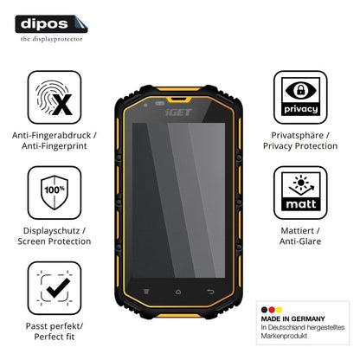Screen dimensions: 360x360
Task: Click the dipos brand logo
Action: click(x=51, y=24)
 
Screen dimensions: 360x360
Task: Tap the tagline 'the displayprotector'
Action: click(x=51, y=39)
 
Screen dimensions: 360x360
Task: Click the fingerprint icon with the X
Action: click(x=55, y=98)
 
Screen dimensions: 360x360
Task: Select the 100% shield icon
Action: click(x=55, y=193)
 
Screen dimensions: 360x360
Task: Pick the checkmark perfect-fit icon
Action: click(x=55, y=288)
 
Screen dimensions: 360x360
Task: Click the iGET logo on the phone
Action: click(x=178, y=112)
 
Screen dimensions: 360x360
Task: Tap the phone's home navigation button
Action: click(x=178, y=292)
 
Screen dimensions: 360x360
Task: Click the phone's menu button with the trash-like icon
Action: click(x=146, y=292)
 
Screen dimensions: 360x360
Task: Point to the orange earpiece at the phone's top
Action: click(x=179, y=100)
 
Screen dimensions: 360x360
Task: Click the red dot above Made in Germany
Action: click(x=272, y=310)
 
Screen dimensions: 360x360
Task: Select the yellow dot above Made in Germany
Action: click(x=279, y=310)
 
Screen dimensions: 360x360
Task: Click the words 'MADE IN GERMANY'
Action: click(x=292, y=318)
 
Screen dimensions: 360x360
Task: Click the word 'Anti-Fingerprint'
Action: click(x=55, y=146)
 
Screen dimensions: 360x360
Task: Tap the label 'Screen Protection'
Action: click(x=55, y=241)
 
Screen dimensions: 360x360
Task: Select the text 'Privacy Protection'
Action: click(x=300, y=146)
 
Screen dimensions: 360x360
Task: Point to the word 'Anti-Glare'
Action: click(x=300, y=241)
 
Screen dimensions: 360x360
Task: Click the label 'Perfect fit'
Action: click(x=55, y=337)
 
